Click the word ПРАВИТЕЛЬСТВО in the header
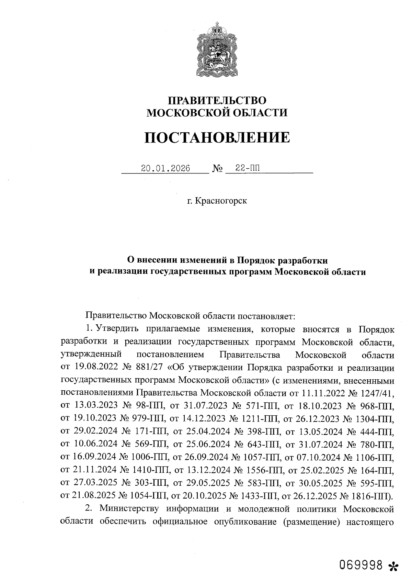217,100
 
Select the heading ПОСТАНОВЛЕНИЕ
217,137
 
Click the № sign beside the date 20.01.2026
218,169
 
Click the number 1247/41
376,393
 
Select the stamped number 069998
361,564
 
